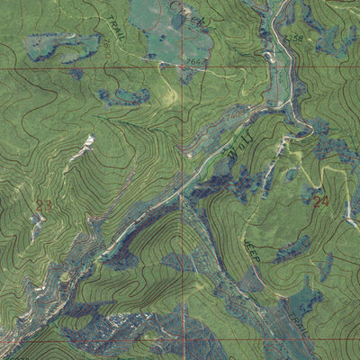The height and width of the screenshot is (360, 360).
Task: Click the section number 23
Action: point(43,205)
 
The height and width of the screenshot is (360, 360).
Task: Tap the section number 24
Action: point(321,201)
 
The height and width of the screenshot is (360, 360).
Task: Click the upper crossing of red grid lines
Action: point(183,67)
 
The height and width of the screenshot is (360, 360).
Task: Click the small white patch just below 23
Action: point(35,225)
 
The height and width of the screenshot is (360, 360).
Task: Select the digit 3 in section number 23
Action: point(48,205)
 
